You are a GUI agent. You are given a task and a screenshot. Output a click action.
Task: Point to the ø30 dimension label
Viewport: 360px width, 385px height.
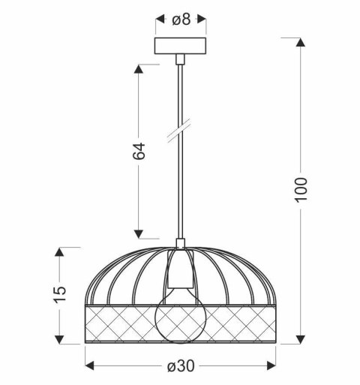click(180, 366)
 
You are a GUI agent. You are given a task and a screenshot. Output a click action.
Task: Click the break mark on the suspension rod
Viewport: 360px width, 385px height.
click(180, 134)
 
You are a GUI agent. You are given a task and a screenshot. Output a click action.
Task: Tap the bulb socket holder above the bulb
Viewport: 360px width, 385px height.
click(180, 269)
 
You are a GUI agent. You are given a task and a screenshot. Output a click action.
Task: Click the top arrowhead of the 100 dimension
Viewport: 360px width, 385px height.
click(301, 42)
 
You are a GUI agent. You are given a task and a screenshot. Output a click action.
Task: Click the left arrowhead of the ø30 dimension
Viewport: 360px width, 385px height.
click(89, 366)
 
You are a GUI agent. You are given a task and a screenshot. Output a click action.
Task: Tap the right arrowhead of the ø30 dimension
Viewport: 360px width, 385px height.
click(272, 366)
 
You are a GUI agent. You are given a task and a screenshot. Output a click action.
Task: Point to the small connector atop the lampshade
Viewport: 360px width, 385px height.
click(180, 243)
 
